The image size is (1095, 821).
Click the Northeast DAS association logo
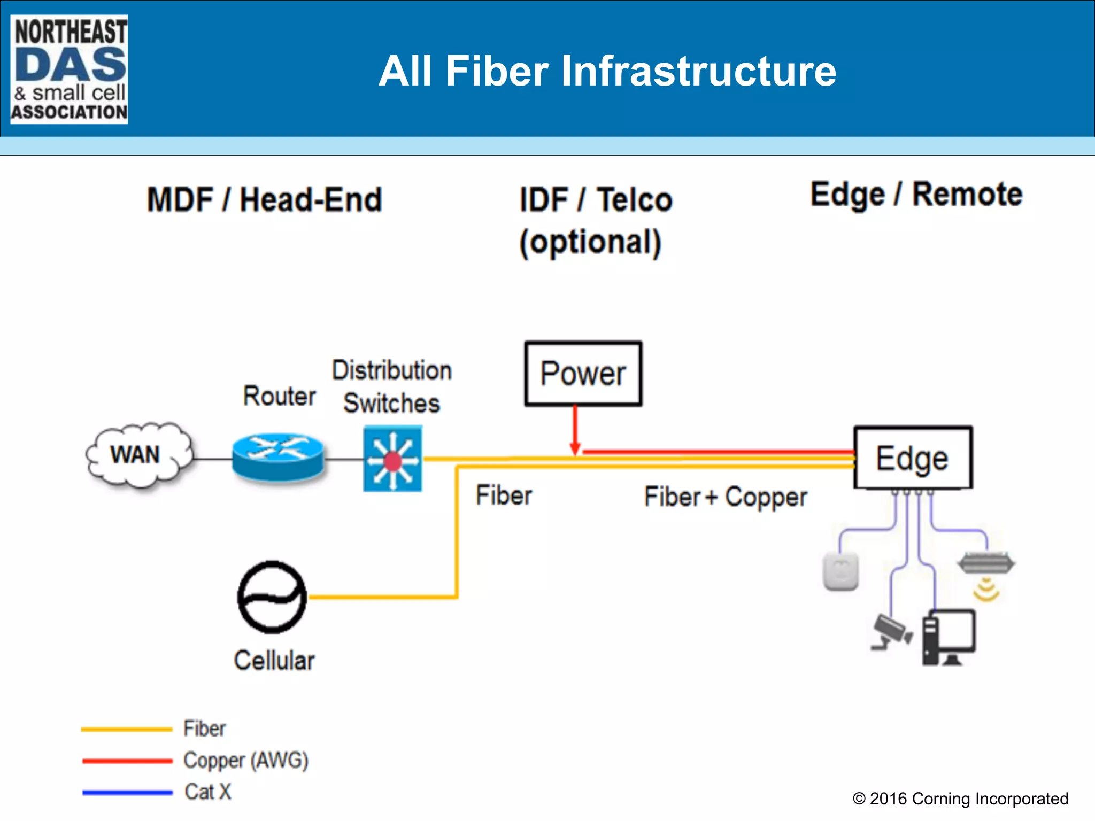pyautogui.click(x=69, y=69)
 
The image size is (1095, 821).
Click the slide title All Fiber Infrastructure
pyautogui.click(x=607, y=71)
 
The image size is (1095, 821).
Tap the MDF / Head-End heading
pyautogui.click(x=265, y=200)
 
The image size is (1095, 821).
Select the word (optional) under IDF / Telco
pyautogui.click(x=591, y=242)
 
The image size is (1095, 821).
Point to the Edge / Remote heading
pyautogui.click(x=916, y=194)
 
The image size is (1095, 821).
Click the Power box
pyautogui.click(x=583, y=374)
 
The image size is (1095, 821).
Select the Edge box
pyautogui.click(x=913, y=458)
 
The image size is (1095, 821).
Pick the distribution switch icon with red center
pyautogui.click(x=393, y=459)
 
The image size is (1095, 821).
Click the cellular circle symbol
pyautogui.click(x=272, y=597)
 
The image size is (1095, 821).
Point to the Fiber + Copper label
pyautogui.click(x=726, y=497)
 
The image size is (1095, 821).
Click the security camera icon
pyautogui.click(x=890, y=631)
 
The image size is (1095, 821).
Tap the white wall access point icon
pyautogui.click(x=841, y=571)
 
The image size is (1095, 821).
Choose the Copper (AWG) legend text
pyautogui.click(x=246, y=760)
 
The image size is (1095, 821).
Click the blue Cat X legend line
pyautogui.click(x=127, y=792)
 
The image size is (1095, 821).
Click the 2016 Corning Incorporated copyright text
pyautogui.click(x=960, y=799)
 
